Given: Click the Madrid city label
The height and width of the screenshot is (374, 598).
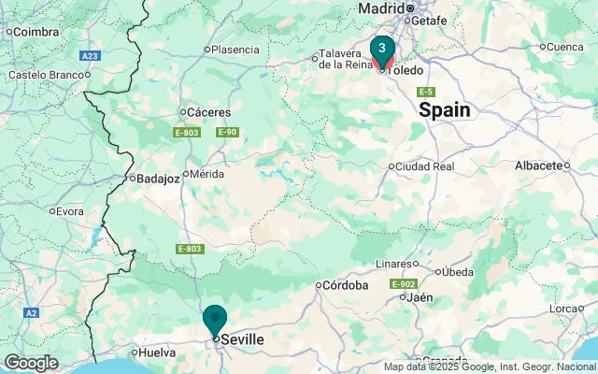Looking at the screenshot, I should pos(381,8).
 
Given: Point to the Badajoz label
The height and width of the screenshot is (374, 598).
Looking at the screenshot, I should pos(158,179).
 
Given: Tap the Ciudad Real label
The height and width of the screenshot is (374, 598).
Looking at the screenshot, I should pos(425,166).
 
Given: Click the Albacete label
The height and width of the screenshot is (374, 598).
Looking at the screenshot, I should pos(538,165).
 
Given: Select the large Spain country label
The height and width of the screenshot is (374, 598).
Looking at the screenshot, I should pos(445,110).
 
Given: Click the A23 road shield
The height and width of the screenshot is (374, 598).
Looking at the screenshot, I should pos(90,56).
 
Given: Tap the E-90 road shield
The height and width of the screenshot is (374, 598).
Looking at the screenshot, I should pos(227,132).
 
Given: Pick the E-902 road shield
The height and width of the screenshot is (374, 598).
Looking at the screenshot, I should pos(405,283).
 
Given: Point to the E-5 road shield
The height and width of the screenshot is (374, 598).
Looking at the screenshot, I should pos(425,91).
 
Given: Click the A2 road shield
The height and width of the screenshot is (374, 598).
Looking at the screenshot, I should pos(31,312).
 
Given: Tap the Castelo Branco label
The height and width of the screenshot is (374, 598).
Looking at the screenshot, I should pos(45,75).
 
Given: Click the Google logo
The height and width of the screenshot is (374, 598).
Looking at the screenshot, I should pos(30,363).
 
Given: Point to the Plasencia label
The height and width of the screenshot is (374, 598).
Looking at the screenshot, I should pos(235,50).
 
